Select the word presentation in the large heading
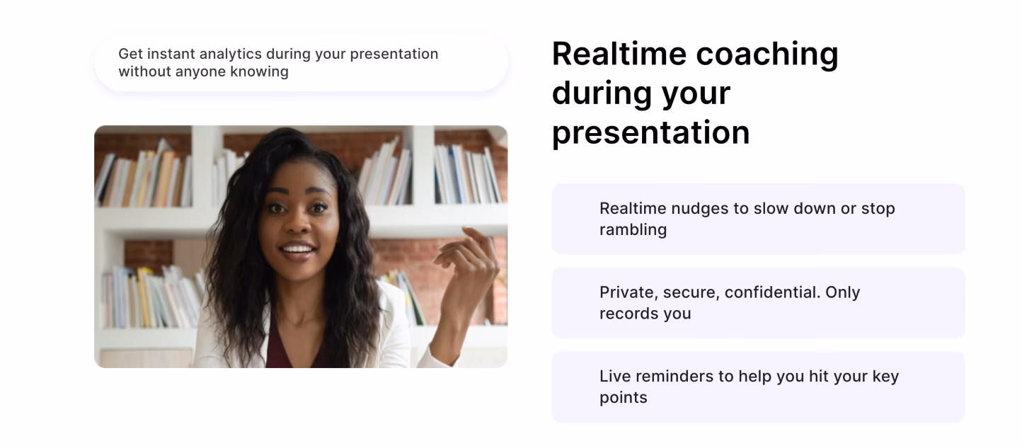[x=650, y=133]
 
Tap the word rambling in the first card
[x=633, y=230]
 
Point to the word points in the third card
[x=623, y=398]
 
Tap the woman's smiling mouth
[x=297, y=250]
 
